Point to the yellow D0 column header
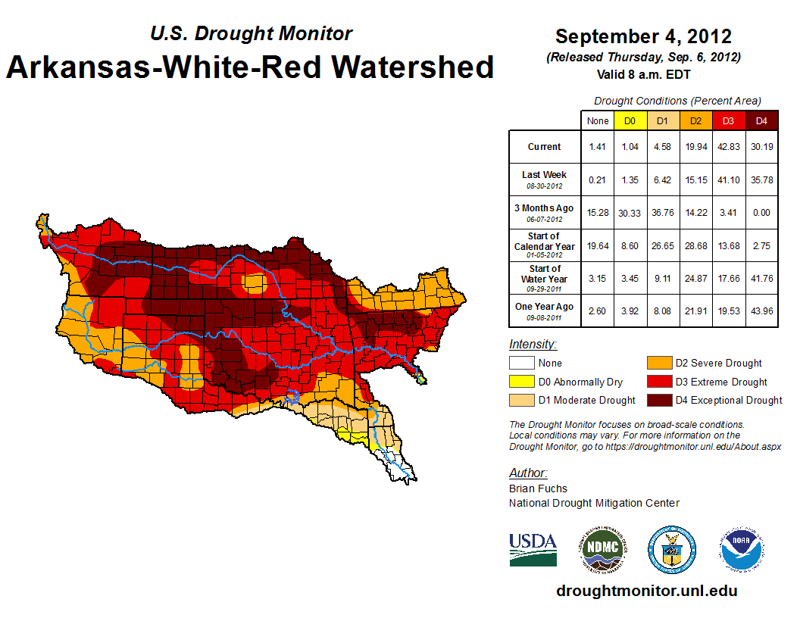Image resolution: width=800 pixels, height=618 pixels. click(x=630, y=120)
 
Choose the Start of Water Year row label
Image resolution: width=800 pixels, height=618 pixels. click(x=544, y=278)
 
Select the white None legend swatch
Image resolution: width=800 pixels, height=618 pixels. click(x=522, y=364)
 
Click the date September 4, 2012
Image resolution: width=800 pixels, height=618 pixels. click(x=643, y=36)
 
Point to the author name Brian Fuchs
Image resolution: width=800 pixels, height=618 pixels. click(x=538, y=488)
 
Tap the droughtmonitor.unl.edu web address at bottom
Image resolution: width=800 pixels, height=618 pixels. click(x=646, y=591)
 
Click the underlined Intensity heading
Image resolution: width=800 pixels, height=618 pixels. click(x=533, y=345)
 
